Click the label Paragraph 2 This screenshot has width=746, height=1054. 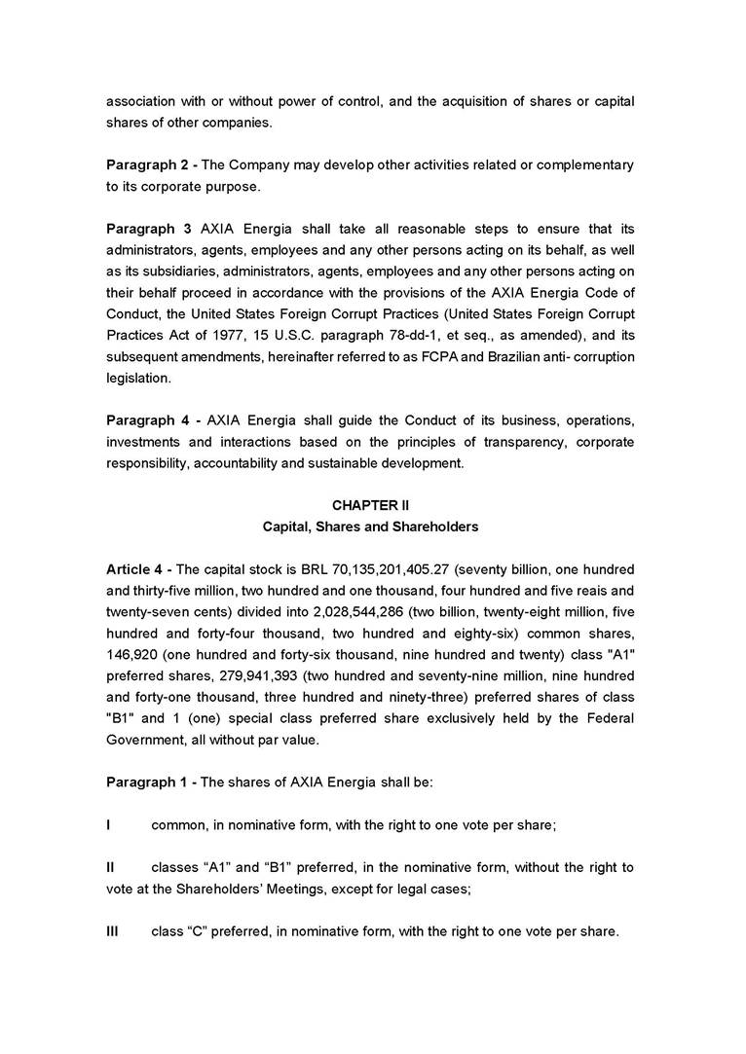pyautogui.click(x=148, y=164)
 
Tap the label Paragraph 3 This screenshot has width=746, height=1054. pyautogui.click(x=148, y=229)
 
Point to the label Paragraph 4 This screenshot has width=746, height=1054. pyautogui.click(x=148, y=420)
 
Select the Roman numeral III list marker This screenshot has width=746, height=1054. pyautogui.click(x=112, y=931)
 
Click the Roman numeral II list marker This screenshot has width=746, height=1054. pyautogui.click(x=110, y=867)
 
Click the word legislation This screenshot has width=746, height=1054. pyautogui.click(x=138, y=379)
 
